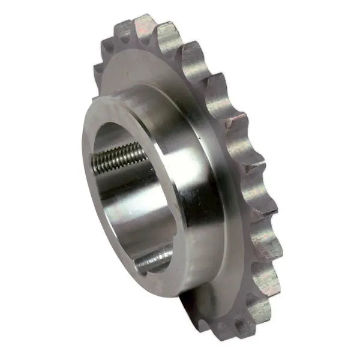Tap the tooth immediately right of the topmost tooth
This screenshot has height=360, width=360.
pos(170,33)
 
